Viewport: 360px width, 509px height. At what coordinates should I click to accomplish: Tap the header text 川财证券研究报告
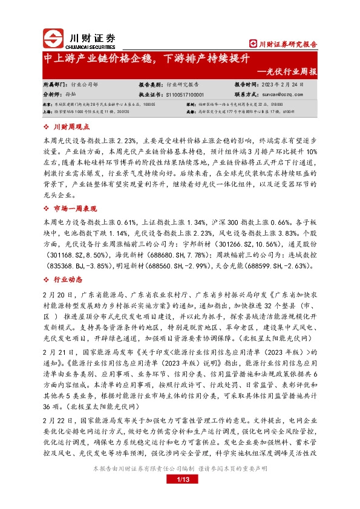click(284, 44)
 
